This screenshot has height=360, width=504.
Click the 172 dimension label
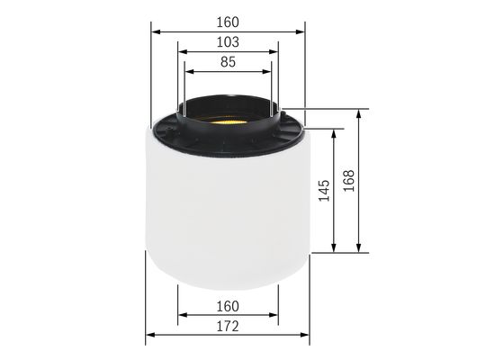pyautogui.click(x=228, y=327)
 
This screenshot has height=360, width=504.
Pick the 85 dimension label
pyautogui.click(x=228, y=63)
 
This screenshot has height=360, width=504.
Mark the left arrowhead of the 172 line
pyautogui.click(x=149, y=339)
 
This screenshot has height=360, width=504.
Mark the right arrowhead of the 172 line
pyautogui.click(x=306, y=339)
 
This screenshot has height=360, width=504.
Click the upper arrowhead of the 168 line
pyautogui.click(x=360, y=112)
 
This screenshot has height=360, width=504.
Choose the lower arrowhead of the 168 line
pyautogui.click(x=360, y=248)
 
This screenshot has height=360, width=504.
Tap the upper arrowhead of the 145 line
pyautogui.click(x=336, y=131)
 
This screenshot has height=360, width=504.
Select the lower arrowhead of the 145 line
pyautogui.click(x=336, y=248)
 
